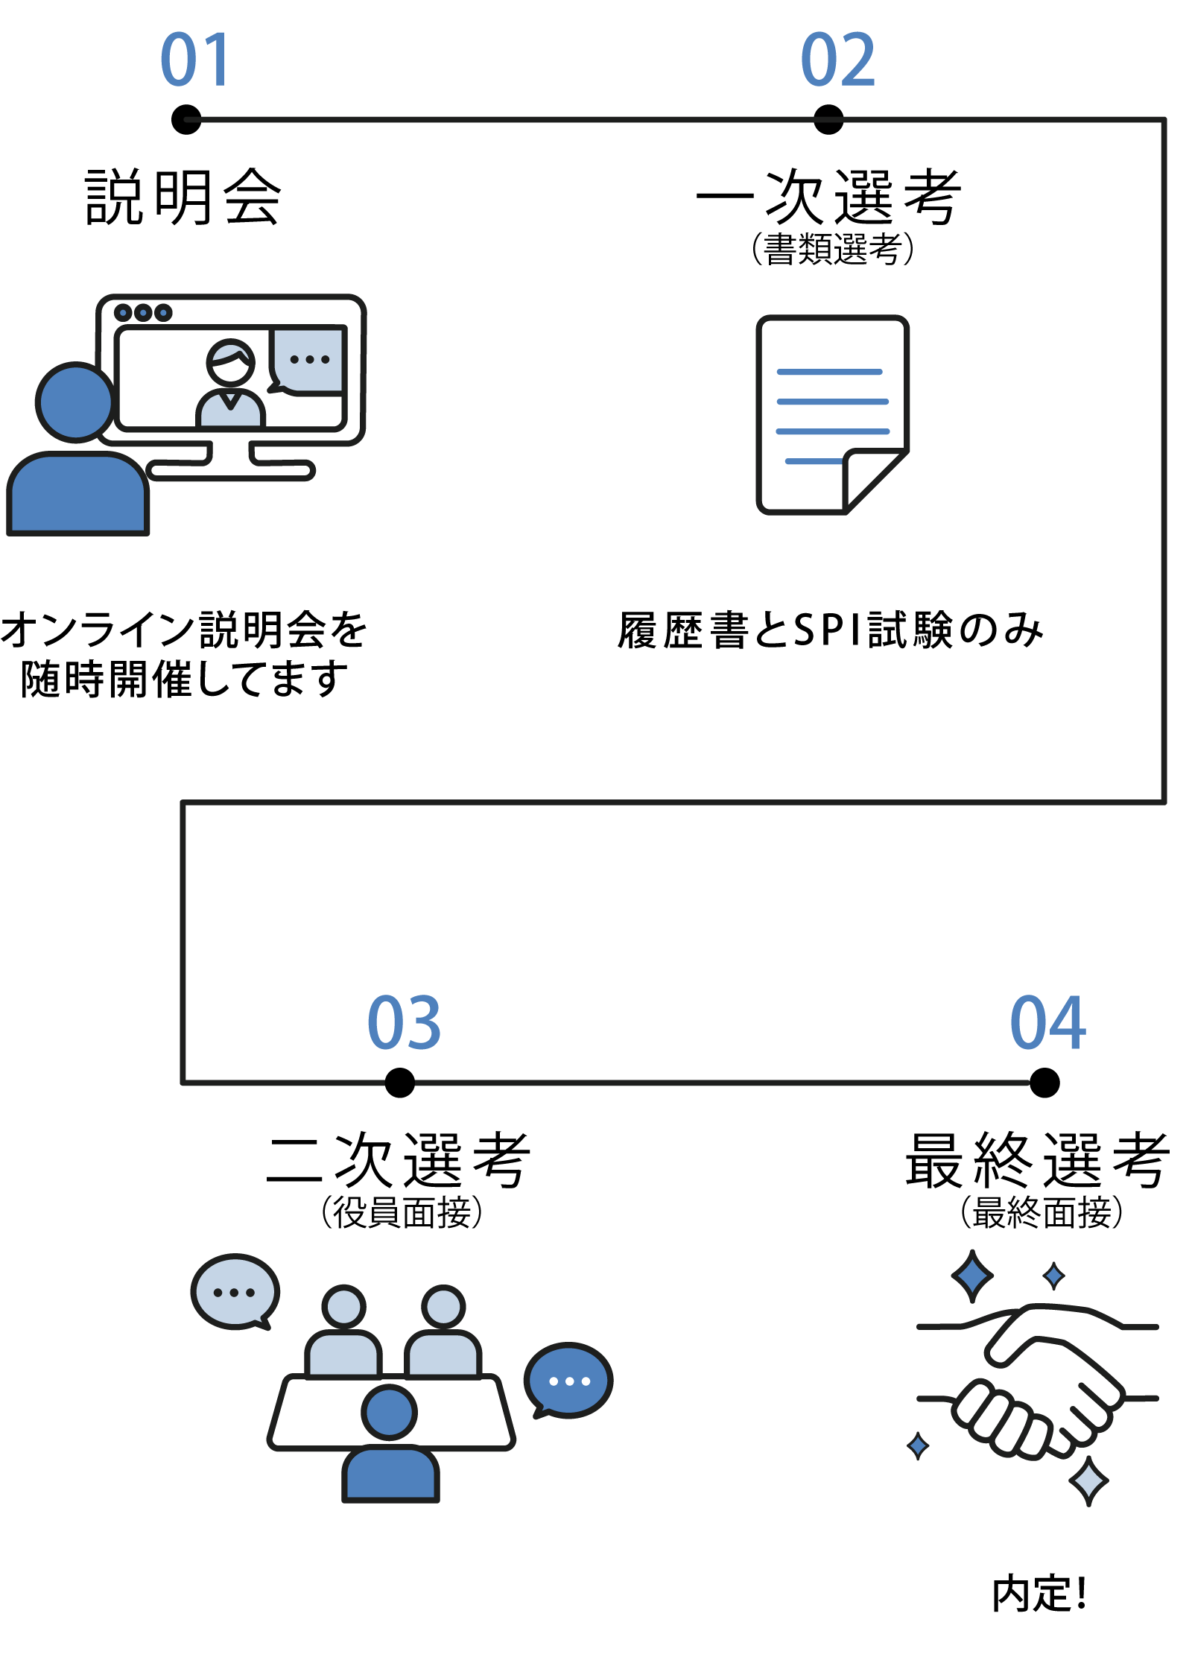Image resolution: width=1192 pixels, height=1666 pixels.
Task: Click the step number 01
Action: pyautogui.click(x=194, y=60)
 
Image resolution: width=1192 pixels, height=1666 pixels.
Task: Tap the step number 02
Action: pyautogui.click(x=837, y=60)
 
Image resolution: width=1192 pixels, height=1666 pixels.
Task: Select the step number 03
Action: pyautogui.click(x=404, y=1024)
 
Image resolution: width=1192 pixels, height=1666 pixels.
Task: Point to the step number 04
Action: pyautogui.click(x=1047, y=1024)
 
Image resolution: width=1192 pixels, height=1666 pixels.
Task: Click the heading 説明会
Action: pyautogui.click(x=183, y=197)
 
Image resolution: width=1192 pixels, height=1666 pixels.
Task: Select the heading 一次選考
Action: pyautogui.click(x=828, y=197)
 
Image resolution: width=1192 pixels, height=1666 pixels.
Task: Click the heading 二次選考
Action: pyautogui.click(x=399, y=1160)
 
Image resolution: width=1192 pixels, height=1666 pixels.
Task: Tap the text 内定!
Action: pyautogui.click(x=1040, y=1594)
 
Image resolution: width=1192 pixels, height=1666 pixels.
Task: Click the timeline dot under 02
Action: pyautogui.click(x=828, y=119)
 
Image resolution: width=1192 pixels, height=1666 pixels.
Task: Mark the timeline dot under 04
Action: pyautogui.click(x=1044, y=1083)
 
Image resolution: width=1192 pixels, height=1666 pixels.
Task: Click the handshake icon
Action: pyautogui.click(x=1038, y=1378)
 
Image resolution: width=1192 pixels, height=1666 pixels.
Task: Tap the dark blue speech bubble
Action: pyautogui.click(x=569, y=1381)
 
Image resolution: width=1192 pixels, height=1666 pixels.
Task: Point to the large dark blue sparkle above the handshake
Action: pyautogui.click(x=972, y=1276)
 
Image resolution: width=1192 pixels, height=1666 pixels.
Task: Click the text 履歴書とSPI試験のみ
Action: pyautogui.click(x=830, y=630)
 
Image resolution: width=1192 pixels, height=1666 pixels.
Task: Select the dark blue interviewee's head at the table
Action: pyautogui.click(x=390, y=1412)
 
